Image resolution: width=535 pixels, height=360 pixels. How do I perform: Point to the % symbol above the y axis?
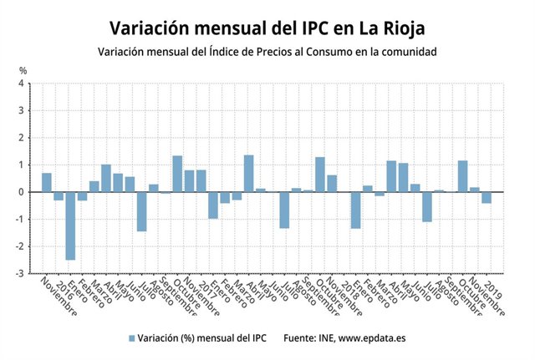(x=23, y=70)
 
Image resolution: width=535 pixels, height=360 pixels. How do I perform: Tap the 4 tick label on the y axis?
(x=23, y=84)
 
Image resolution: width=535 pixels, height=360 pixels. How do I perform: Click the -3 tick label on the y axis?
(x=21, y=273)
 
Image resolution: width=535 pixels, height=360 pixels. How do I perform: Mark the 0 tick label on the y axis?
(x=23, y=192)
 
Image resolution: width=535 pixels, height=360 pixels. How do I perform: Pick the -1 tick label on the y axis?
(x=21, y=219)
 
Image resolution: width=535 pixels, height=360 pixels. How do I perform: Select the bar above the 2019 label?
(x=487, y=197)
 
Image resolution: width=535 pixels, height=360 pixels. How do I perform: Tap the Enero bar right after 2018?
(x=355, y=210)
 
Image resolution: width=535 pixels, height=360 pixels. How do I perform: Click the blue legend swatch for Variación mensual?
(x=131, y=338)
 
